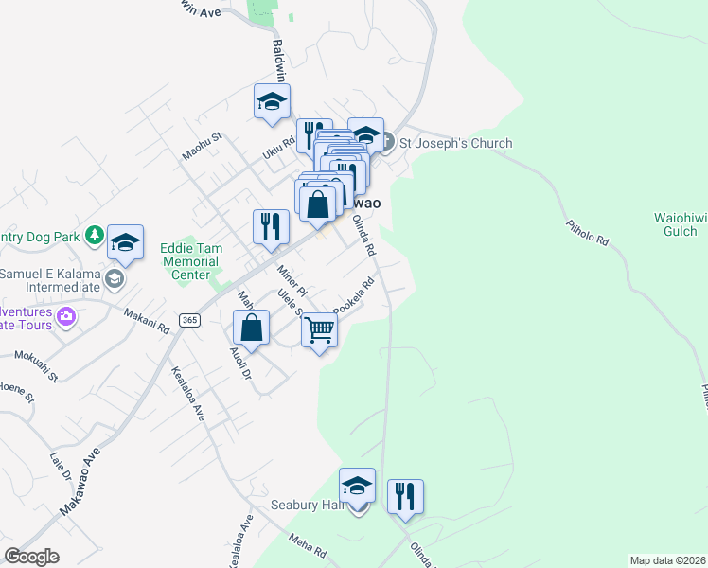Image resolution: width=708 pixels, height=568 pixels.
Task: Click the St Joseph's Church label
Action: tap(454, 143)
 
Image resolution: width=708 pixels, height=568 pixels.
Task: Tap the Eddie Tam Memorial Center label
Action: tap(191, 261)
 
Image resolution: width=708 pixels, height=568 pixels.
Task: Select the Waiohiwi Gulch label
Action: tap(681, 224)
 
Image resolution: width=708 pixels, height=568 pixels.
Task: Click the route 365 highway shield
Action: tap(190, 321)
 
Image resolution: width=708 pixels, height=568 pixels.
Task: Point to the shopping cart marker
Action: tap(320, 330)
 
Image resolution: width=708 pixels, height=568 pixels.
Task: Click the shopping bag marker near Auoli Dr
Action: tap(252, 328)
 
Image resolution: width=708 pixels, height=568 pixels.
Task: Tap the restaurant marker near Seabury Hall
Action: tap(405, 496)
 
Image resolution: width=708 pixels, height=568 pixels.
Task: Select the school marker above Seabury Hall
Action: tap(357, 486)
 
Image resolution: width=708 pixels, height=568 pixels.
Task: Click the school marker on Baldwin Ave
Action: tap(273, 101)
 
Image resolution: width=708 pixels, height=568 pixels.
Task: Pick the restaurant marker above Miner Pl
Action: tap(271, 227)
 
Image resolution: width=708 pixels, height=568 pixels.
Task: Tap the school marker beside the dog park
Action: tap(125, 242)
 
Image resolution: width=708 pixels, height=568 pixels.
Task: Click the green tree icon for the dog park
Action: tap(94, 234)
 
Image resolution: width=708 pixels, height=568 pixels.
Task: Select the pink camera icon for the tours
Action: tap(65, 315)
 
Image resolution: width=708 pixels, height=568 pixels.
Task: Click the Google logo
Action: tap(32, 557)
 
